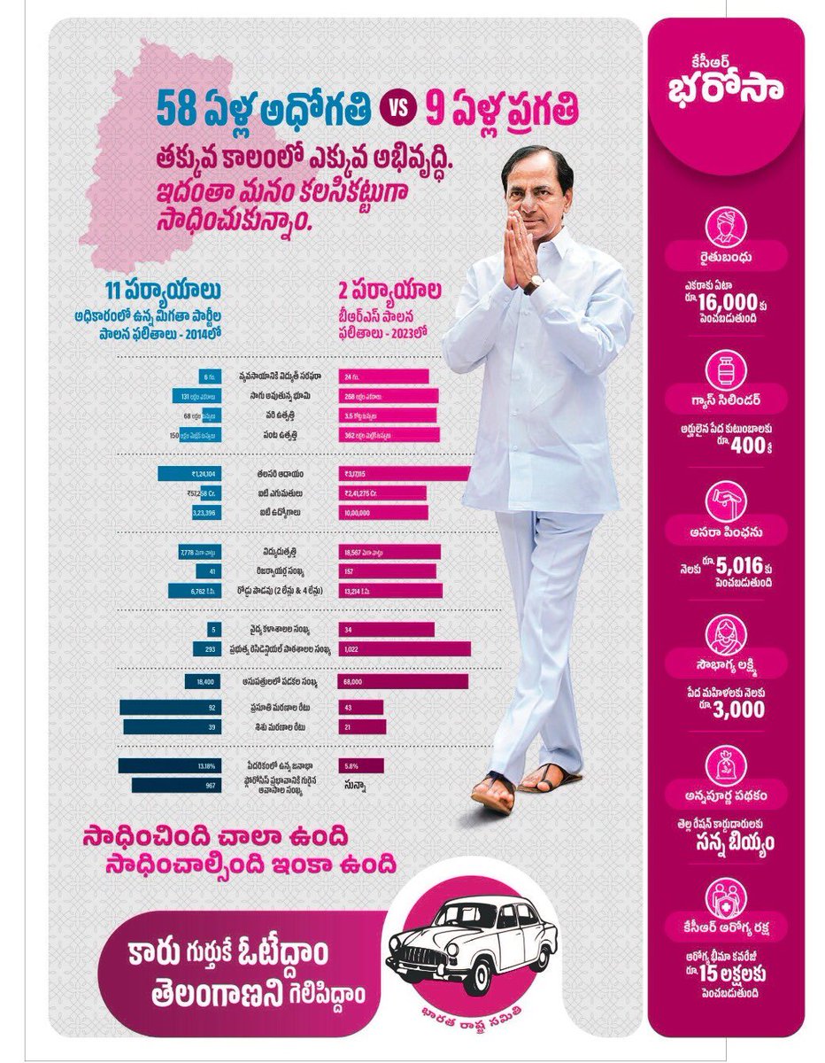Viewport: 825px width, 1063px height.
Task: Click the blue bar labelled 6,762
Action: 189,591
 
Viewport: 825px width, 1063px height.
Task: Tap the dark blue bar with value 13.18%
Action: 173,764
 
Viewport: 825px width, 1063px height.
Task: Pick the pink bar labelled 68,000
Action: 402,681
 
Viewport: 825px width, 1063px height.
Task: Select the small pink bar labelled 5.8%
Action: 360,764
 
